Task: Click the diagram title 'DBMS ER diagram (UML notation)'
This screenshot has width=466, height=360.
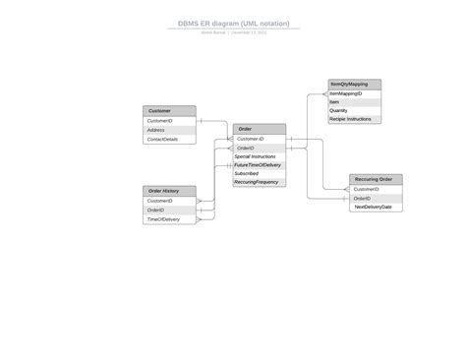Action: pos(233,23)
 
